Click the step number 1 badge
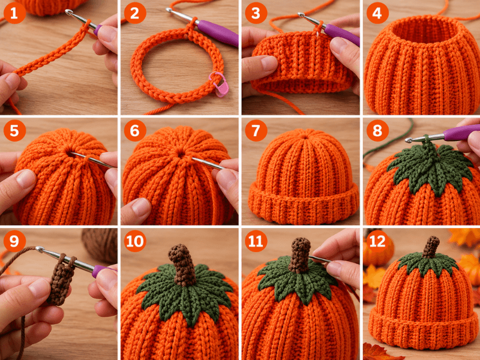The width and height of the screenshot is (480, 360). pyautogui.click(x=14, y=13)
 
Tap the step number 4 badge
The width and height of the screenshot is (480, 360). pyautogui.click(x=377, y=13)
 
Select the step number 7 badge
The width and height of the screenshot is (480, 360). pyautogui.click(x=256, y=130)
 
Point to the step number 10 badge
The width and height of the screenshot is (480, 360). pyautogui.click(x=135, y=241)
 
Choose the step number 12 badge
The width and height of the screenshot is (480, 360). pyautogui.click(x=377, y=241)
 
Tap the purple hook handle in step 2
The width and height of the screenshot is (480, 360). pyautogui.click(x=218, y=32)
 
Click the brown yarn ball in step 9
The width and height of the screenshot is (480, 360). pyautogui.click(x=100, y=245)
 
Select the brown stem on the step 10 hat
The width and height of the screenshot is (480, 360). pyautogui.click(x=182, y=264)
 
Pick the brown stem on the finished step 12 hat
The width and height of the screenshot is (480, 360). pyautogui.click(x=431, y=247)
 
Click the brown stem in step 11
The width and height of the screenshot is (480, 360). pyautogui.click(x=299, y=255)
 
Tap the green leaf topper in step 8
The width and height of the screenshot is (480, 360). pyautogui.click(x=431, y=166)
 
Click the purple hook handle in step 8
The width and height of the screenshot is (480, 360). pyautogui.click(x=461, y=132)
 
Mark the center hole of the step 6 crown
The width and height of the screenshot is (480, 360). pyautogui.click(x=181, y=154)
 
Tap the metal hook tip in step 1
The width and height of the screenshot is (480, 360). pyautogui.click(x=68, y=12)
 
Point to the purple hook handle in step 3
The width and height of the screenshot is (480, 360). pyautogui.click(x=342, y=35)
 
